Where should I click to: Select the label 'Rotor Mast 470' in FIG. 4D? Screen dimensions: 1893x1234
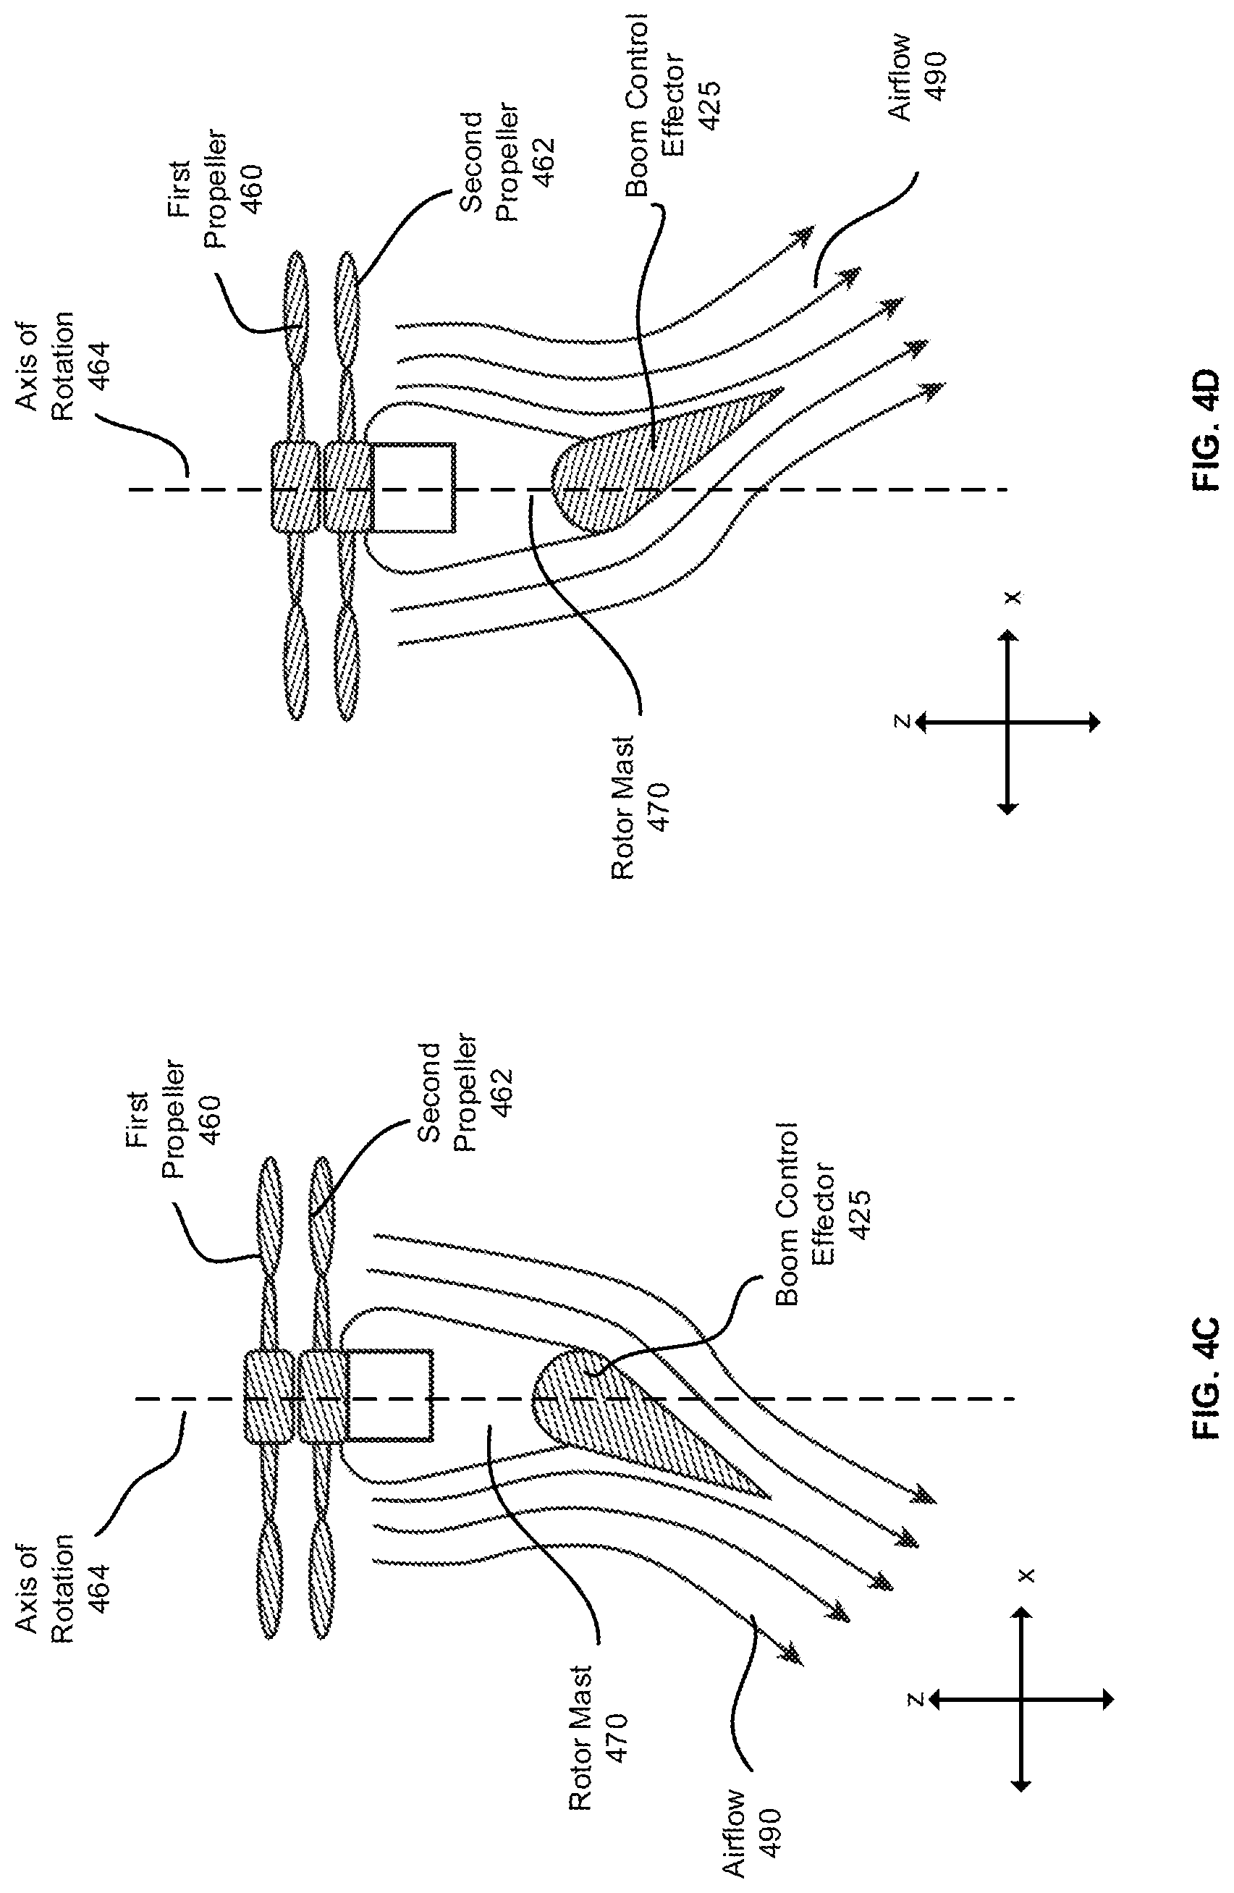click(641, 807)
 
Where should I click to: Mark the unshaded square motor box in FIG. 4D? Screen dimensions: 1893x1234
click(413, 486)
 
